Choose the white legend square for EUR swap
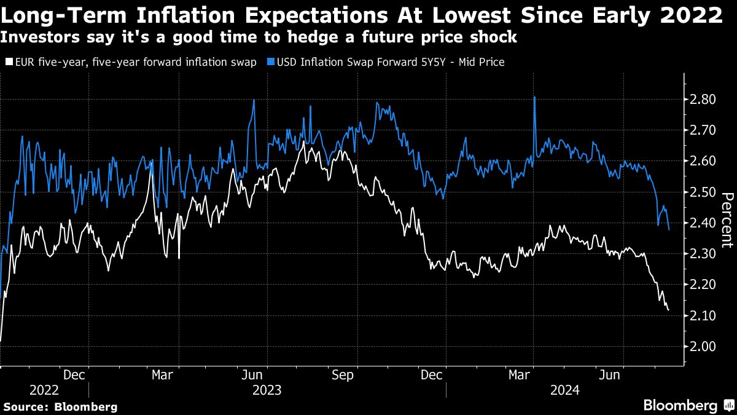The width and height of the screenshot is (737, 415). click(9, 62)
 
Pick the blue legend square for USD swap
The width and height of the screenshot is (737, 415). click(270, 62)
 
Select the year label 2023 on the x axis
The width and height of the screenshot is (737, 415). click(267, 390)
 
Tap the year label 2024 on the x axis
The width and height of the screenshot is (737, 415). click(566, 390)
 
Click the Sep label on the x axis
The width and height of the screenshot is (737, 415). click(343, 374)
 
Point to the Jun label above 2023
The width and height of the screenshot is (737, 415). click(253, 374)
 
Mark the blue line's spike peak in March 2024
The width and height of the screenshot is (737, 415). click(534, 97)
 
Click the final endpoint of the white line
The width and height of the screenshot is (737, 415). click(668, 310)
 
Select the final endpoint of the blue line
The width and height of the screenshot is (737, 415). click(668, 229)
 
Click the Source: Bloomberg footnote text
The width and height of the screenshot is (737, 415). click(60, 406)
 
